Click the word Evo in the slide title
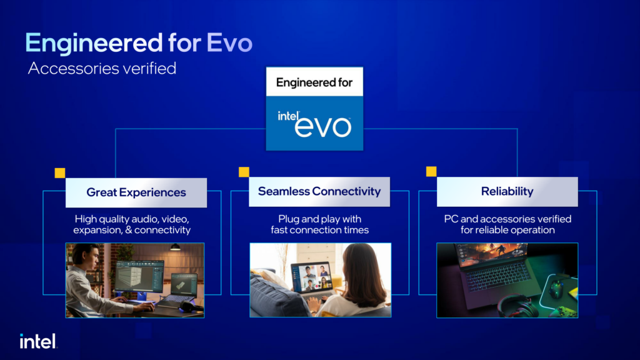point(229,43)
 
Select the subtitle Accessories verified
point(102,68)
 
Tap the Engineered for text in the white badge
point(314,82)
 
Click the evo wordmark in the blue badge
point(322,126)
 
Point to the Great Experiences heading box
point(136,192)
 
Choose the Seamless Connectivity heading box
point(319,191)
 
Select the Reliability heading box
point(507,191)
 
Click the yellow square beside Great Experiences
point(60,173)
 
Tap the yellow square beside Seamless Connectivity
point(244,172)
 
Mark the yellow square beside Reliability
point(431,171)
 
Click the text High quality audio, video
point(132,219)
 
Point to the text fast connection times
point(319,230)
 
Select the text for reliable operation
point(507,230)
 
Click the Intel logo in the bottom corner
point(38,341)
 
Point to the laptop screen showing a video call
point(311,277)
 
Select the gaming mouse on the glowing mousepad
point(557,289)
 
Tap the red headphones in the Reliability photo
point(517,306)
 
